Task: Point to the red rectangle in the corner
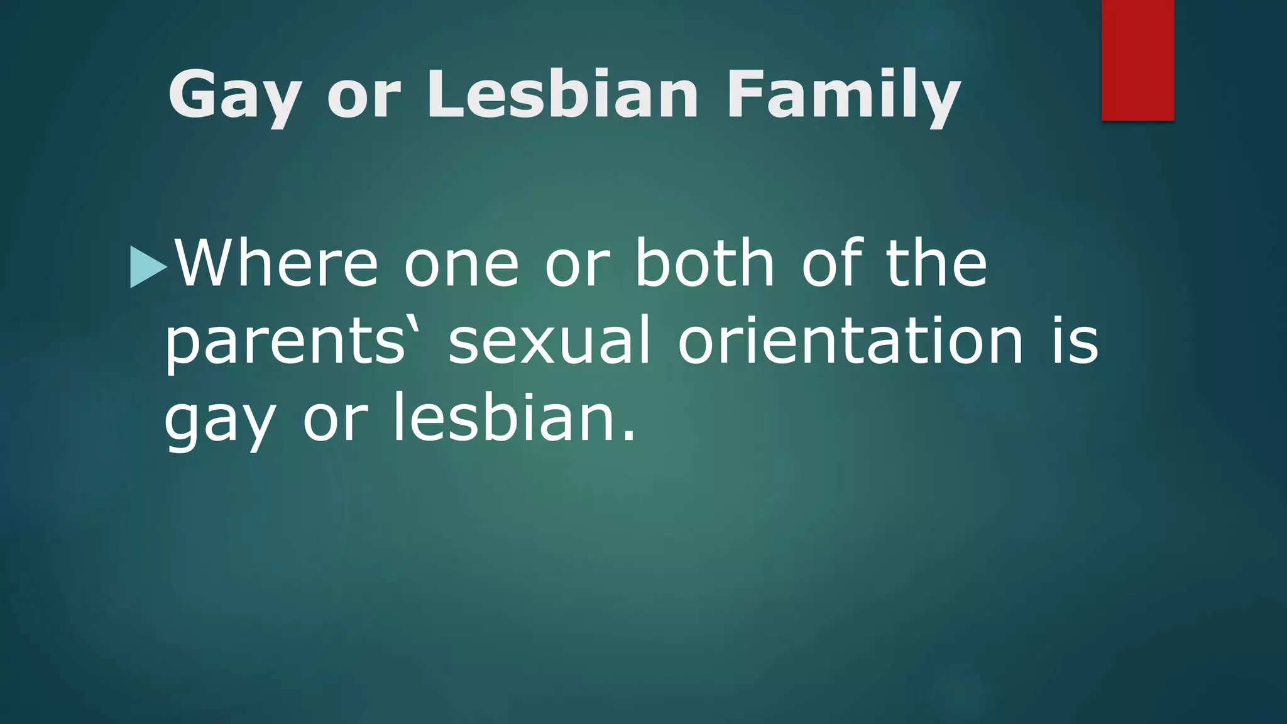(1137, 60)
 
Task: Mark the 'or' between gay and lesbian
(334, 422)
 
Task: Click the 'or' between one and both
(577, 267)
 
